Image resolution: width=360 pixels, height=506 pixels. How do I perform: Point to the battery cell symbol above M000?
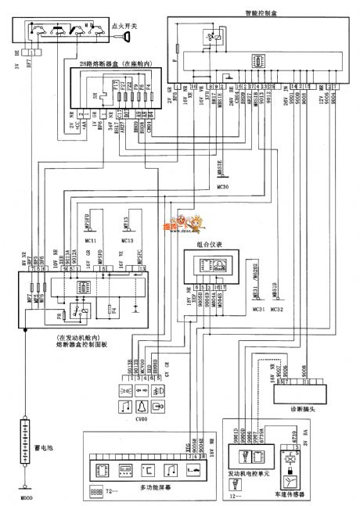[x=26, y=439]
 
